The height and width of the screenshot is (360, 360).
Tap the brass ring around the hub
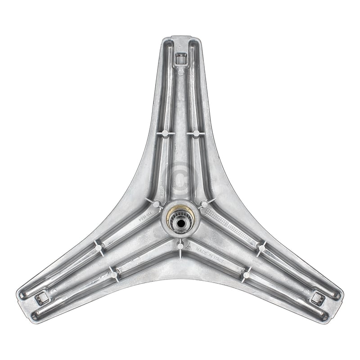[x=173, y=215]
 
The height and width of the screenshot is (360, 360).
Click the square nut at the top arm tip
[x=180, y=58]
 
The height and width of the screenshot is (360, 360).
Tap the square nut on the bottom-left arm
[x=42, y=297]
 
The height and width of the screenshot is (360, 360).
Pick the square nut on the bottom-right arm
[x=318, y=297]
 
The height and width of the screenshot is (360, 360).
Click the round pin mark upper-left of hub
[x=156, y=204]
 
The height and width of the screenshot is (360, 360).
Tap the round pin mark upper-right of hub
[x=204, y=204]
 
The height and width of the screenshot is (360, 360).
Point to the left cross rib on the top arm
[x=165, y=133]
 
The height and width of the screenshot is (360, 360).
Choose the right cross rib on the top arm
[x=196, y=133]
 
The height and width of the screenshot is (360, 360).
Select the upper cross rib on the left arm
[x=98, y=247]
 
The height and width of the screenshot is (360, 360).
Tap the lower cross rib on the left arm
[x=114, y=274]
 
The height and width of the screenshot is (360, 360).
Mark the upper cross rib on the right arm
[x=261, y=247]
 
